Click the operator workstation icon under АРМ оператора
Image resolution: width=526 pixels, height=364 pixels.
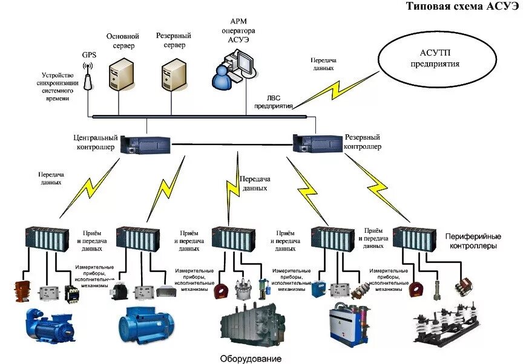[x=234, y=68]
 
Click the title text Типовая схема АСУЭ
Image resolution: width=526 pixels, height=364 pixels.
[x=463, y=6]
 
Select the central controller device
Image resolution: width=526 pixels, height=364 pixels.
[x=146, y=145]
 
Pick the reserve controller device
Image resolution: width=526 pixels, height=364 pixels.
[x=318, y=143]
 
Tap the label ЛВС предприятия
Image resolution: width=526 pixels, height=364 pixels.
[x=274, y=102]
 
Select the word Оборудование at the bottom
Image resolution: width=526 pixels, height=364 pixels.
[x=251, y=359]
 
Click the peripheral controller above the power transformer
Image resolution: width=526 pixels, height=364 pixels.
[x=234, y=239]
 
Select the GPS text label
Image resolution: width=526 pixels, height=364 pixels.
[x=89, y=54]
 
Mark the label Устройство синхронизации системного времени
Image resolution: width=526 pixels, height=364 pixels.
[x=58, y=87]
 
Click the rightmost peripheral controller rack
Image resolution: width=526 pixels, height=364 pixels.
[x=414, y=239]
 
